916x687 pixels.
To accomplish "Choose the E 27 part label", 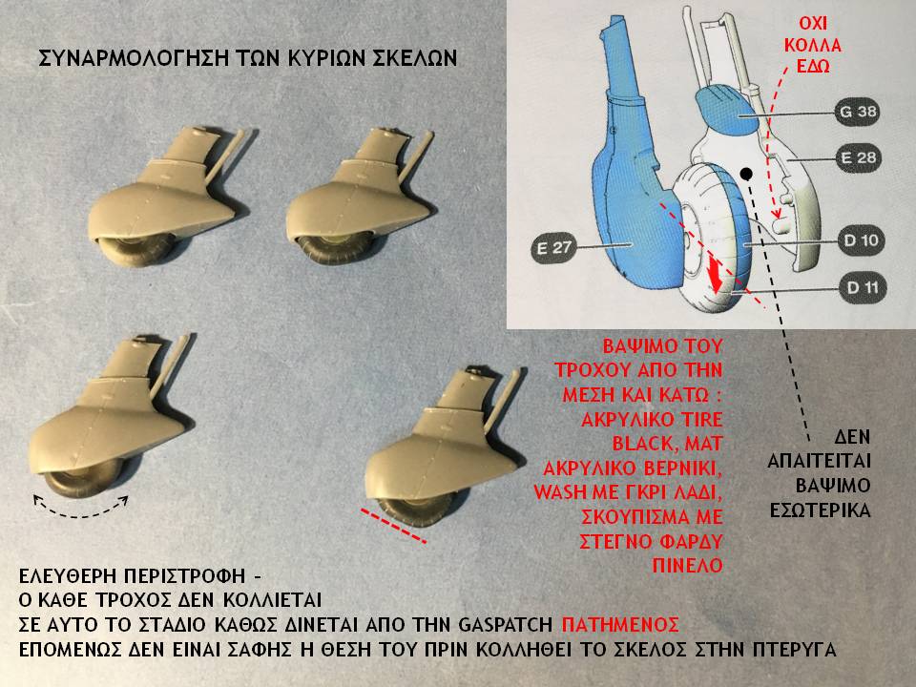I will (550, 250).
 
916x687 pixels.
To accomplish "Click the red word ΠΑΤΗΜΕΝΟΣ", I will (620, 625).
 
